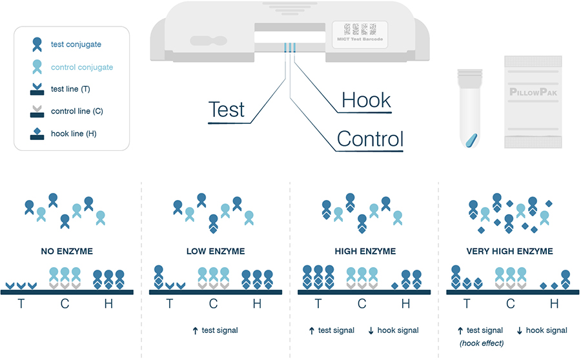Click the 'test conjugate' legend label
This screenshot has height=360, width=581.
tap(76, 45)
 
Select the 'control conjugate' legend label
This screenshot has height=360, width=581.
tap(81, 67)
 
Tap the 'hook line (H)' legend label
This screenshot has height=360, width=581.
tap(74, 134)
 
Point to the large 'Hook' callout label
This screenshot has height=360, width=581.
tap(366, 100)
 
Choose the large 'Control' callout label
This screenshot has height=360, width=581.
tap(370, 139)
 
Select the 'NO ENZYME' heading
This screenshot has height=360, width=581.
tap(65, 251)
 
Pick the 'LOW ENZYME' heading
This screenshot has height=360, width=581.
tap(215, 251)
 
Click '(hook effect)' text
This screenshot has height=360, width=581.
tap(482, 343)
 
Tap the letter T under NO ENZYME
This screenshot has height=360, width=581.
tap(21, 304)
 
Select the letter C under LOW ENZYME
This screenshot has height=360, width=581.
tap(213, 304)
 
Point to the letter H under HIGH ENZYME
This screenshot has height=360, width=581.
tap(405, 304)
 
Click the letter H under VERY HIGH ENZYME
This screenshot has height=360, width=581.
tap(554, 304)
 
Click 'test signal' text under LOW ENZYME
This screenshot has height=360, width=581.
tap(219, 330)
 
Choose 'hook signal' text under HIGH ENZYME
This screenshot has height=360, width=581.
tap(398, 330)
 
